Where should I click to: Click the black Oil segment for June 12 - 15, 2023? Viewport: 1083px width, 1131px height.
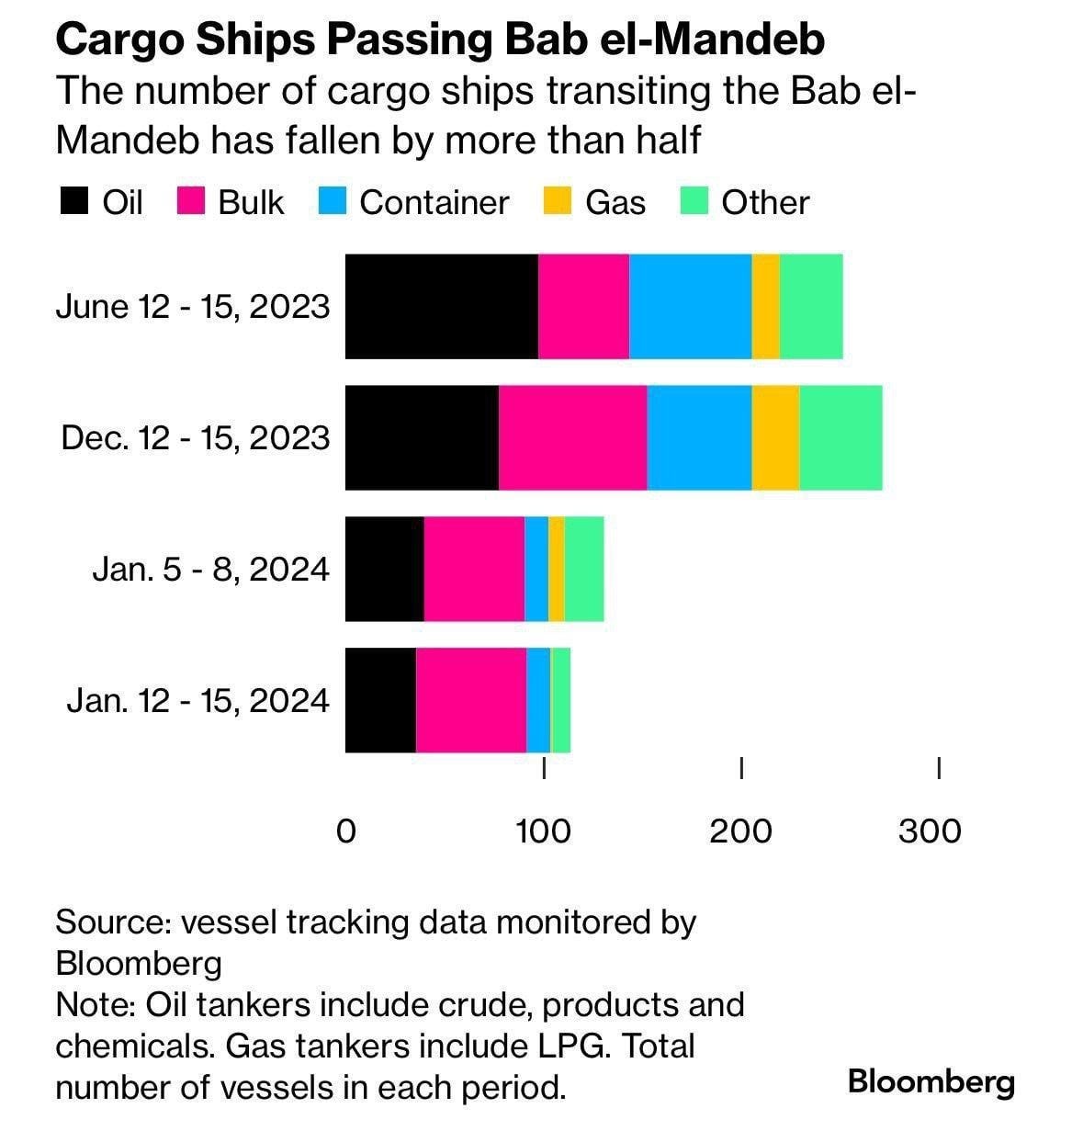pyautogui.click(x=442, y=306)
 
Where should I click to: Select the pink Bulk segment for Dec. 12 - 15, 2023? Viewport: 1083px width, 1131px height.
pyautogui.click(x=573, y=437)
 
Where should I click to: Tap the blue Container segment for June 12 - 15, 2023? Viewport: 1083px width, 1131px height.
pyautogui.click(x=690, y=306)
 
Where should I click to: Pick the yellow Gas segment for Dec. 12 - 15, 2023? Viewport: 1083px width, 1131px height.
pyautogui.click(x=775, y=437)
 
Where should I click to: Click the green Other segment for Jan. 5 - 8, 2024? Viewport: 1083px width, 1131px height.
pyautogui.click(x=584, y=569)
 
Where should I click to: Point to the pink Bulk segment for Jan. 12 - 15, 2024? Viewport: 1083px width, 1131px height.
pyautogui.click(x=471, y=700)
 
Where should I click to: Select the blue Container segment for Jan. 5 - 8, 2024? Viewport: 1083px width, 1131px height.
pyautogui.click(x=536, y=569)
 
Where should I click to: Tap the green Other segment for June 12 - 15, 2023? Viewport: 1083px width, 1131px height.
pyautogui.click(x=811, y=306)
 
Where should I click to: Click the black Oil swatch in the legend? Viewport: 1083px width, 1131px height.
pyautogui.click(x=74, y=200)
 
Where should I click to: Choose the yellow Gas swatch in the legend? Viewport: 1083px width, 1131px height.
pyautogui.click(x=558, y=200)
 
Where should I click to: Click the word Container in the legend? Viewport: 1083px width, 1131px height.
pyautogui.click(x=434, y=202)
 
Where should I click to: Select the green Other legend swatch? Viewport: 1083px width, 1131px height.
pyautogui.click(x=694, y=200)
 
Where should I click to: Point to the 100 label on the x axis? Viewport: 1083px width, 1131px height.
pyautogui.click(x=543, y=831)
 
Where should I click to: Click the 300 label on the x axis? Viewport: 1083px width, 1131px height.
pyautogui.click(x=930, y=831)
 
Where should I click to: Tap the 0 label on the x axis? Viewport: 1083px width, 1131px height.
pyautogui.click(x=345, y=831)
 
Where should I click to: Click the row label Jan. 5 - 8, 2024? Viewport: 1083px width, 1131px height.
pyautogui.click(x=211, y=569)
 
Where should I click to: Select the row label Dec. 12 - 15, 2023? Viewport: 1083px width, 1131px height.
pyautogui.click(x=196, y=437)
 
